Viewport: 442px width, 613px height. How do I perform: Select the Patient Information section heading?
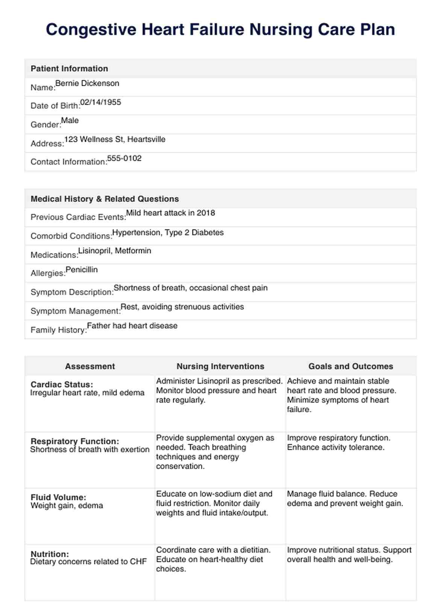69,68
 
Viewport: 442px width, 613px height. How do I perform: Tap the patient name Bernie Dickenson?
87,83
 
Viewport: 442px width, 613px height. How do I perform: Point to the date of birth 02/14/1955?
100,102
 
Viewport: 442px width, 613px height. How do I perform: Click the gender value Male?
70,121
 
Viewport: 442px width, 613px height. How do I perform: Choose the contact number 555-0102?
124,158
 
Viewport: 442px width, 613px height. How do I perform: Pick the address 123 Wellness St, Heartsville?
115,140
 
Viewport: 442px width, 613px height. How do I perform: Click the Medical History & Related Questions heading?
104,199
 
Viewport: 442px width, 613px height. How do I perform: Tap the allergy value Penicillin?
82,270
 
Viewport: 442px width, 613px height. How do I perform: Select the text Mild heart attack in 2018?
170,213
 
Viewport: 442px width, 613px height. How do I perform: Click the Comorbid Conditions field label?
71,236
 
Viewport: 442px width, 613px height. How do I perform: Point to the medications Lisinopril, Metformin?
115,251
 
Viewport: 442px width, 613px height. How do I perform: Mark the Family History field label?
59,330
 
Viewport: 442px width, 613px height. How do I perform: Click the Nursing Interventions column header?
220,366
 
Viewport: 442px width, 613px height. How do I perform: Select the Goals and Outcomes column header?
351,366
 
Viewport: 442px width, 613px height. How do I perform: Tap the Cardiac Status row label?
62,385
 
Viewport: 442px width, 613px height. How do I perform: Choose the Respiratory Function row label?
75,442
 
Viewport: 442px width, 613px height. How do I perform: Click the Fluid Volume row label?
58,498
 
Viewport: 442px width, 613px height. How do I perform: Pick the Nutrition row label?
50,554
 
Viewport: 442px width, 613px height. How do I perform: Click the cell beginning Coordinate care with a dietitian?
213,559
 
